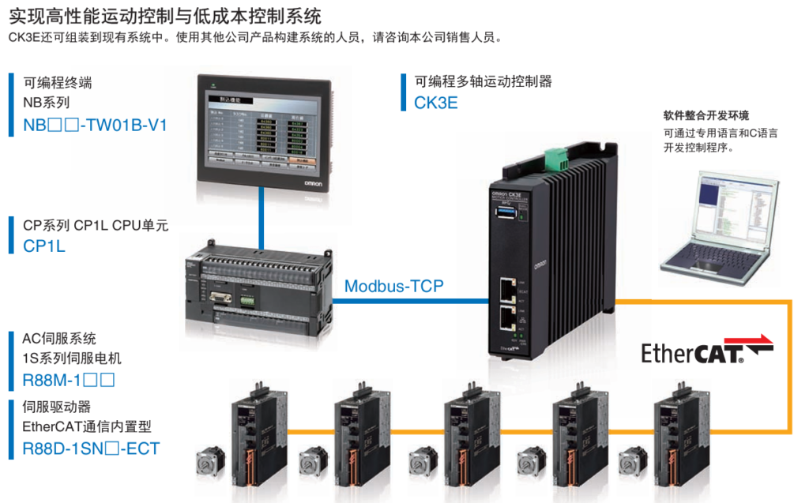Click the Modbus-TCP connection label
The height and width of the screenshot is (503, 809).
tap(393, 286)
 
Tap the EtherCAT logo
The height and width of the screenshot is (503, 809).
tap(706, 351)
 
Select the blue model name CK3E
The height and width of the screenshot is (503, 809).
tap(435, 103)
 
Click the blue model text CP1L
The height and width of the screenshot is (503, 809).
tap(44, 246)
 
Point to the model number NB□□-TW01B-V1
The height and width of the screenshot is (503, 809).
tap(95, 125)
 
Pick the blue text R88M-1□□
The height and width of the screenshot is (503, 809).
tap(70, 381)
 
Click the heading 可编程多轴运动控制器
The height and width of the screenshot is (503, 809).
tap(484, 81)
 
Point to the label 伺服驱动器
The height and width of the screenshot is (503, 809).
tap(57, 407)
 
